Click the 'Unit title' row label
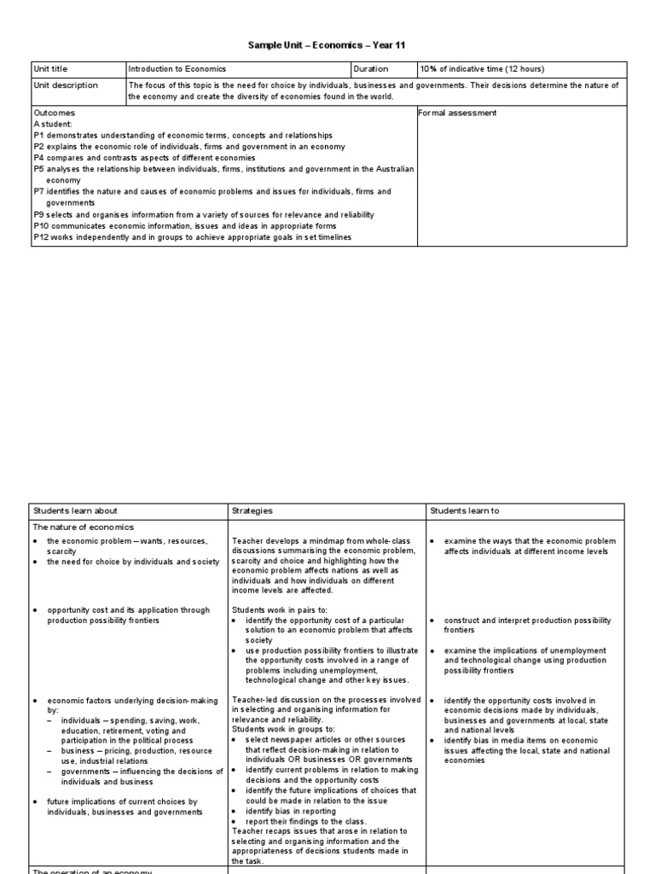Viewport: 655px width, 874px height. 51,69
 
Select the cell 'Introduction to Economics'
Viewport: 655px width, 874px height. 177,69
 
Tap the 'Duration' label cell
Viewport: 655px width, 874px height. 371,69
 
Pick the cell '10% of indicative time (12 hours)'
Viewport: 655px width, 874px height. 482,69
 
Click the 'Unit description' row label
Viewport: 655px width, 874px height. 66,85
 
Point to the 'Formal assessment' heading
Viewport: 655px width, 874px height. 457,113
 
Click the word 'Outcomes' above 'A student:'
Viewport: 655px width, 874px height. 54,113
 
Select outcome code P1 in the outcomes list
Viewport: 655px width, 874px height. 38,135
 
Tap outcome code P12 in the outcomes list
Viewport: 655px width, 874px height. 41,236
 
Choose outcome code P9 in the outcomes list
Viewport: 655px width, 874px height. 38,214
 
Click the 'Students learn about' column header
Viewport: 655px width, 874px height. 75,510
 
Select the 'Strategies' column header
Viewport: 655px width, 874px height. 252,510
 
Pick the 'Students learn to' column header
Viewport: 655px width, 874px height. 465,510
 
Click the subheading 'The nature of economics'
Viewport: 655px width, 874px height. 84,527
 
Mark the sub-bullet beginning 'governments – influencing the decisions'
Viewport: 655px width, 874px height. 136,771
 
